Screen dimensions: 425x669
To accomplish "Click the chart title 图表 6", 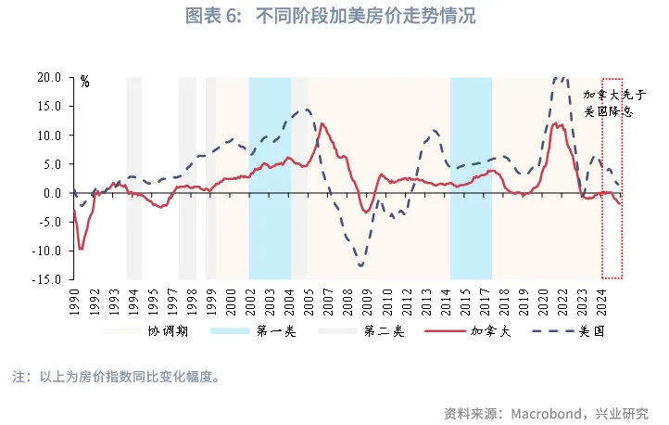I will coord(334,18).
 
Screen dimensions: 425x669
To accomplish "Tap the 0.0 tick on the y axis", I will coord(52,193).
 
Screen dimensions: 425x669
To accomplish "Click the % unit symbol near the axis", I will coord(84,82).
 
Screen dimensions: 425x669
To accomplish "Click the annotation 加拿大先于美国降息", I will coord(607,102).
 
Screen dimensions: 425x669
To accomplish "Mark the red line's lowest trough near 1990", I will coord(81,248).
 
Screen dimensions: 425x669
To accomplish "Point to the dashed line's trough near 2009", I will coord(360,266).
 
